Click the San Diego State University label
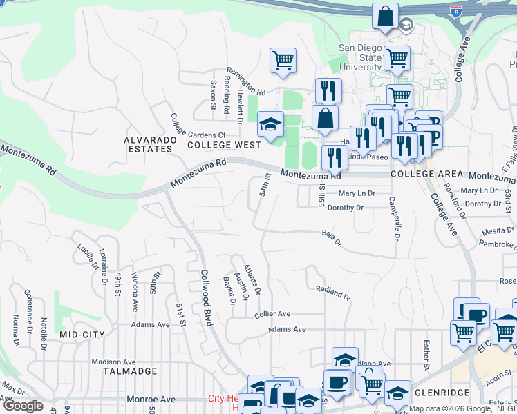coord(360,58)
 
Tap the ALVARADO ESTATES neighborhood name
coord(147,144)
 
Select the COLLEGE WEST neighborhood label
coord(224,145)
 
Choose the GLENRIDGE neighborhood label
coord(442,392)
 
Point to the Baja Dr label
coord(332,238)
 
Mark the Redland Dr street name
coord(333,293)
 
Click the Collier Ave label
coord(272,314)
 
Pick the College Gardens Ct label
coord(198,126)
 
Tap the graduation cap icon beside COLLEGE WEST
coord(270,125)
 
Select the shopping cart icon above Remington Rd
coord(283,61)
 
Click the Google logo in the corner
coord(23,406)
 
